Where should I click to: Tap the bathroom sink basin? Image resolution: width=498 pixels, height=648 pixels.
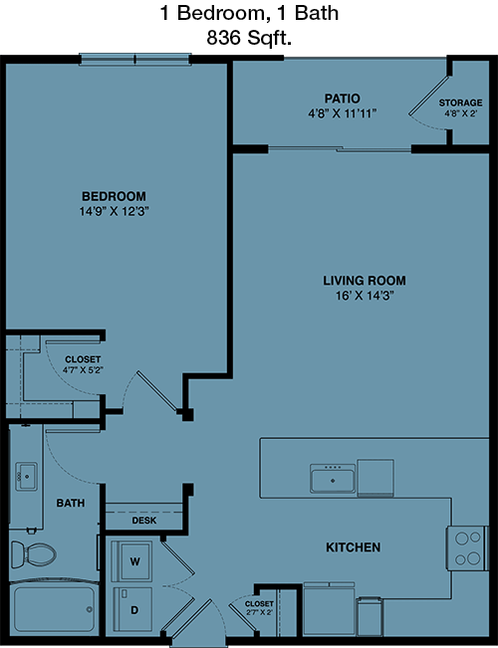pos(27,477)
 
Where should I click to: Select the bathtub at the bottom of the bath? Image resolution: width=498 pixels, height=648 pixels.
pos(54,609)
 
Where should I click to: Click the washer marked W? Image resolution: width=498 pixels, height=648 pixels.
pos(132,561)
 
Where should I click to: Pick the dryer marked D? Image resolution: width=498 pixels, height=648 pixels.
pos(132,609)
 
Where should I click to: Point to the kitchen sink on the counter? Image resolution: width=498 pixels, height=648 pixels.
pos(333,479)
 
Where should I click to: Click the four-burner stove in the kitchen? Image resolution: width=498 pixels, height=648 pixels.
pos(467,548)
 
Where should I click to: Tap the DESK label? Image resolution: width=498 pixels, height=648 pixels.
pos(144,521)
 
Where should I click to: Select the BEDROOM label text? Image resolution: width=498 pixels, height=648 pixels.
pos(114,196)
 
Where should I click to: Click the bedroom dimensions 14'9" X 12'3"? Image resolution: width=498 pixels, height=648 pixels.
pos(114,212)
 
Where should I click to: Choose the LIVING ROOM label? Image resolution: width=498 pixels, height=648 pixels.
pos(365,281)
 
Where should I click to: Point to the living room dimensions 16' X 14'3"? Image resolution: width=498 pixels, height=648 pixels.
pos(365,296)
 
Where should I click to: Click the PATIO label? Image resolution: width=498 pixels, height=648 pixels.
pos(342,99)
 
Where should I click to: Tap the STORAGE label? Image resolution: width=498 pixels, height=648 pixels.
pos(460,103)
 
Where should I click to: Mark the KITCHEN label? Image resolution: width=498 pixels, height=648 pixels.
pos(353,547)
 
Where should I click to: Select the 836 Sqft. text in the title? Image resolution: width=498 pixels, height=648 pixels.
pos(249,39)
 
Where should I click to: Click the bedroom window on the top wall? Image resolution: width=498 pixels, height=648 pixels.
pos(135,60)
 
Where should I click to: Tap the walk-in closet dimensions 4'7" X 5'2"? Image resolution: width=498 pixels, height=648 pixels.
pos(83,370)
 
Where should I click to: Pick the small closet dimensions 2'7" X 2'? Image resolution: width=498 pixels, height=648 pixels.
pos(259,612)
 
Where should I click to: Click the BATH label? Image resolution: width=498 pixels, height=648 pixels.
pos(71,503)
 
